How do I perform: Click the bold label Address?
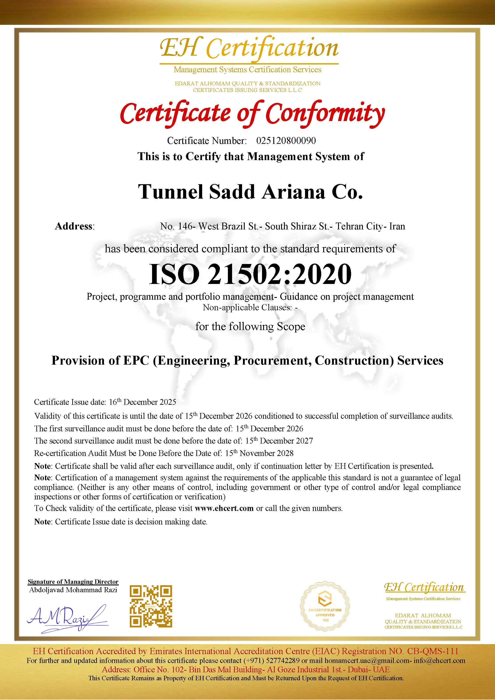coord(74,226)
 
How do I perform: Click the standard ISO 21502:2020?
coord(250,274)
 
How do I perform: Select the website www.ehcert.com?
coord(224,508)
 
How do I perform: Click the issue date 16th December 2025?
coord(143,402)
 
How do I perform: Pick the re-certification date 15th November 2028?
coord(259,453)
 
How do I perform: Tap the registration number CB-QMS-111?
coord(433,651)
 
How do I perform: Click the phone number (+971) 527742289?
coord(272,661)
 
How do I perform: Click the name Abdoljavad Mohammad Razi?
coord(73,590)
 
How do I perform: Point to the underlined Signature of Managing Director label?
coord(73,582)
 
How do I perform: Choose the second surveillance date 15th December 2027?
coord(279,441)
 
